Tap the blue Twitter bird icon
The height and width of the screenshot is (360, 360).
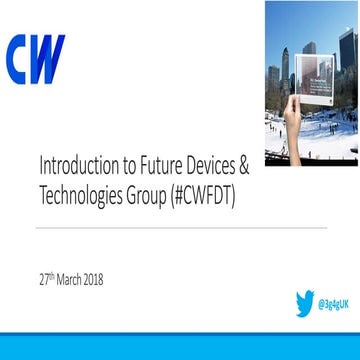pyautogui.click(x=303, y=303)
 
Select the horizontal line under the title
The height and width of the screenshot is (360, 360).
pyautogui.click(x=180, y=227)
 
